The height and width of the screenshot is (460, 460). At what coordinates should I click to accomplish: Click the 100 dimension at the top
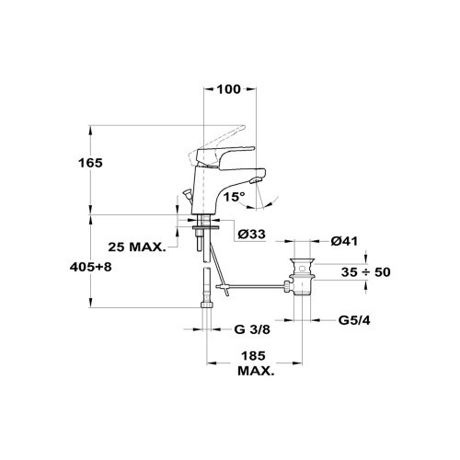(x=229, y=89)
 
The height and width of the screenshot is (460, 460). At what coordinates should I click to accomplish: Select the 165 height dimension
(x=90, y=163)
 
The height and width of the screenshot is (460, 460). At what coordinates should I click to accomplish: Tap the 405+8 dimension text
(x=90, y=267)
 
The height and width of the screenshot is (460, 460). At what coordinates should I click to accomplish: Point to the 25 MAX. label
(x=137, y=247)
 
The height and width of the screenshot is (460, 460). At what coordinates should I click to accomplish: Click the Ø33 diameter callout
(x=252, y=235)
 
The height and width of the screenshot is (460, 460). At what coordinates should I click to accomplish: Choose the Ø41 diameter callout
(x=344, y=241)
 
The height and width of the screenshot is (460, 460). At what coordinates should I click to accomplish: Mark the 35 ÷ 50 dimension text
(x=366, y=272)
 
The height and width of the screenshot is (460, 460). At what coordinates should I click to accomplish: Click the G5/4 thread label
(x=354, y=320)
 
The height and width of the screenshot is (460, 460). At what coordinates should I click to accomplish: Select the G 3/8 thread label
(x=252, y=329)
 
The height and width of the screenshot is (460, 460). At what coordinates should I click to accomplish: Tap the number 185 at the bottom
(x=253, y=356)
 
